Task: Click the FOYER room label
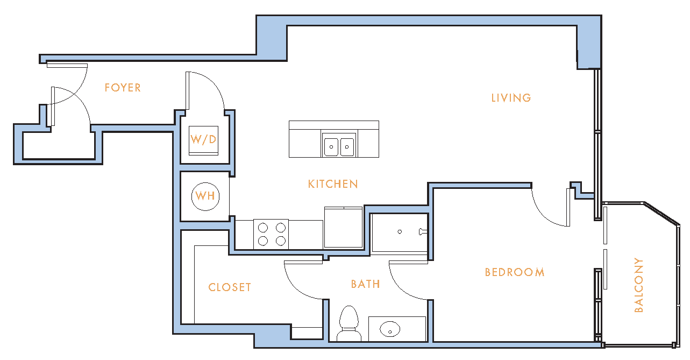pyautogui.click(x=123, y=88)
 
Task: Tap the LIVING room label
pyautogui.click(x=511, y=98)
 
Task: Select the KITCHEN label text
pyautogui.click(x=333, y=185)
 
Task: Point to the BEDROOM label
pyautogui.click(x=515, y=272)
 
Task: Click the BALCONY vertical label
pyautogui.click(x=639, y=285)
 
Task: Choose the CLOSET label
pyautogui.click(x=230, y=287)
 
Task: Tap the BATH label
pyautogui.click(x=366, y=284)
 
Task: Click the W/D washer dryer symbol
pyautogui.click(x=204, y=140)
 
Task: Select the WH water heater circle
pyautogui.click(x=205, y=196)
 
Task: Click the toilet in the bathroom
pyautogui.click(x=348, y=323)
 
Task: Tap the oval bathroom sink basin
pyautogui.click(x=390, y=329)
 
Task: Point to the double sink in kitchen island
pyautogui.click(x=339, y=147)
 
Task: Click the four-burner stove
pyautogui.click(x=271, y=234)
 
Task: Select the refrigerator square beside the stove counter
pyautogui.click(x=344, y=228)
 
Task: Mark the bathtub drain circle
pyautogui.click(x=400, y=231)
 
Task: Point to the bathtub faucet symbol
pyautogui.click(x=423, y=231)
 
